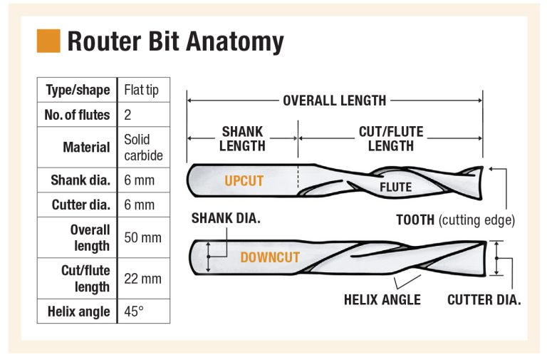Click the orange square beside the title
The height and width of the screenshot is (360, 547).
[48, 41]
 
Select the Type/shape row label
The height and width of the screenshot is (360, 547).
[78, 90]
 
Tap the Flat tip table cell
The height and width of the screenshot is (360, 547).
[142, 90]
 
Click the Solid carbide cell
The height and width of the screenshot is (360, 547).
[142, 147]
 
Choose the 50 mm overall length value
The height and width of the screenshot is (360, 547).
[142, 237]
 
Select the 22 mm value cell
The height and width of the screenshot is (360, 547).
[142, 278]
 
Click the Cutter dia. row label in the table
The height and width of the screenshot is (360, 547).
[80, 205]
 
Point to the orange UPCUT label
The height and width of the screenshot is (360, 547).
[244, 181]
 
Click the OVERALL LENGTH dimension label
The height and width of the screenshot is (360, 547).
[334, 101]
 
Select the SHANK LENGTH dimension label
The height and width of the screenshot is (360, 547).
[242, 139]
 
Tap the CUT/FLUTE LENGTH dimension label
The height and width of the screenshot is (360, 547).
[391, 139]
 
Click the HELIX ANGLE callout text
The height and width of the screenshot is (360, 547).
[382, 300]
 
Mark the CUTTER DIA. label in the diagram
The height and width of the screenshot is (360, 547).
[484, 300]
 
